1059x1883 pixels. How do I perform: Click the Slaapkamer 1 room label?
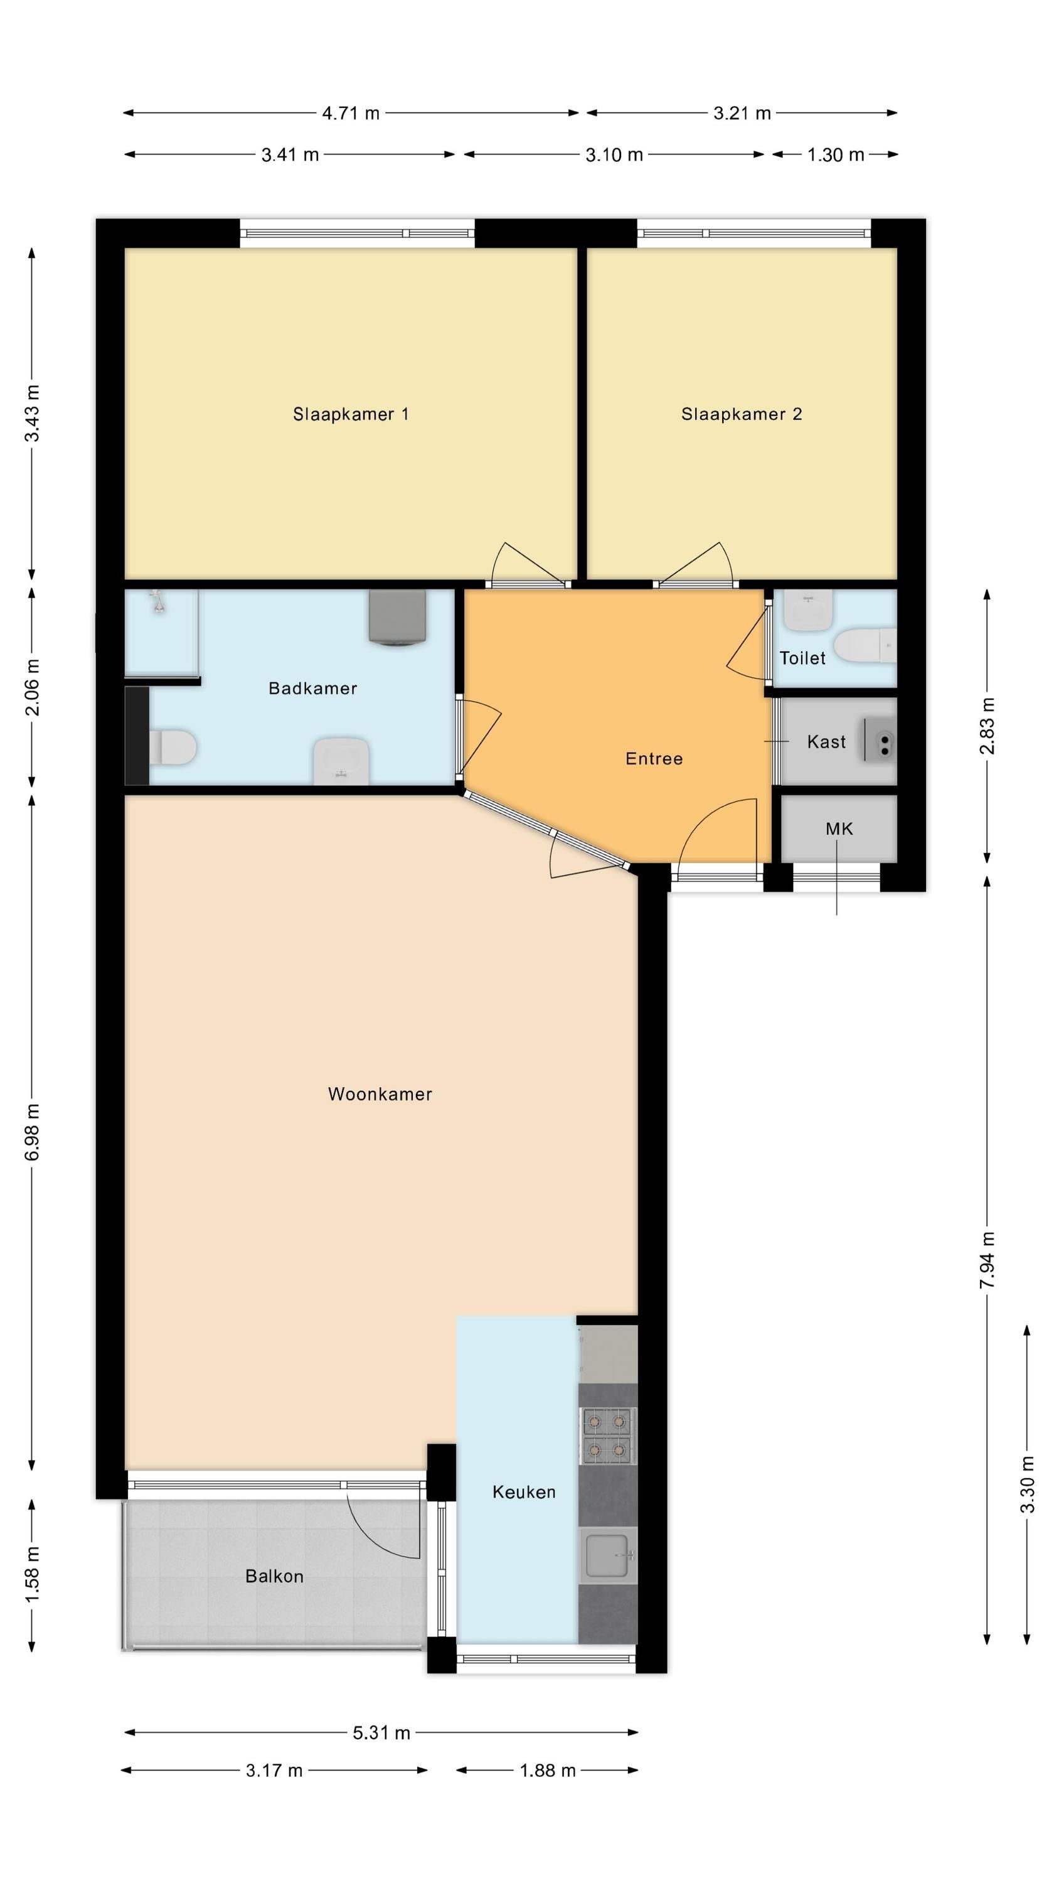click(351, 414)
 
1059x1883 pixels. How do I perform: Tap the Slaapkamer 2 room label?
click(742, 414)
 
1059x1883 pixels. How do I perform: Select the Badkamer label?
click(313, 689)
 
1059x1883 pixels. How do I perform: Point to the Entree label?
click(654, 759)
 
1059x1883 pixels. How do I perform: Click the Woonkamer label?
click(380, 1094)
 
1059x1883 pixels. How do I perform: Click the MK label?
click(839, 829)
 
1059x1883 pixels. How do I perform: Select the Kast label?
click(827, 742)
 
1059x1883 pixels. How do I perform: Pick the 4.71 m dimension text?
click(351, 114)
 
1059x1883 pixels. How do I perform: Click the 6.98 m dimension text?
click(32, 1132)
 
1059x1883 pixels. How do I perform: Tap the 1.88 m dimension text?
click(548, 1771)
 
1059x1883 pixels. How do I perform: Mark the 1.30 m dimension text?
click(836, 155)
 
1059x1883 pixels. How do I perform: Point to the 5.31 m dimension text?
click(381, 1732)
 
